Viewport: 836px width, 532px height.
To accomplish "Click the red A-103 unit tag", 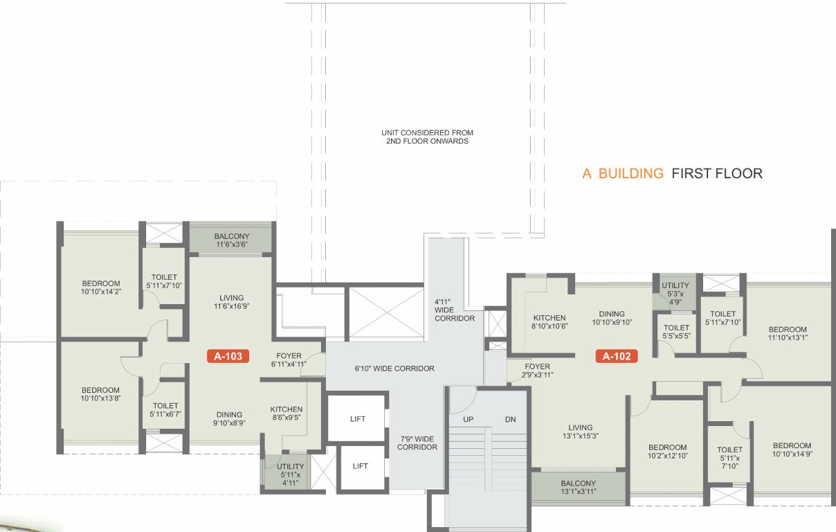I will pyautogui.click(x=228, y=357).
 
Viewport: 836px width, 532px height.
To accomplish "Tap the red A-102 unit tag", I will pyautogui.click(x=616, y=357).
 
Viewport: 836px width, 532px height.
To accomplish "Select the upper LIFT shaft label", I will pyautogui.click(x=358, y=418).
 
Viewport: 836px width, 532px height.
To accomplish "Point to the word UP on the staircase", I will pyautogui.click(x=469, y=420).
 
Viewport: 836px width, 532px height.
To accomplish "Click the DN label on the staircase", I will pyautogui.click(x=510, y=420).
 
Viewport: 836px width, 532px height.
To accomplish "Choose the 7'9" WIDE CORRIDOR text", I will pyautogui.click(x=417, y=443).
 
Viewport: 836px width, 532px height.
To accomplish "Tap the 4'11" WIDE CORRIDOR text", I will pyautogui.click(x=455, y=310).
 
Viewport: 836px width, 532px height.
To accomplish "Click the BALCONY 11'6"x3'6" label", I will pyautogui.click(x=231, y=240).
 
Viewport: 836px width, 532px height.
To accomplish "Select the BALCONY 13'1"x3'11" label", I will pyautogui.click(x=578, y=488).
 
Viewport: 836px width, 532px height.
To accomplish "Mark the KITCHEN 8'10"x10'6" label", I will pyautogui.click(x=549, y=322).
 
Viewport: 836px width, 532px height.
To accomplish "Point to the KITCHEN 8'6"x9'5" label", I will pyautogui.click(x=287, y=414).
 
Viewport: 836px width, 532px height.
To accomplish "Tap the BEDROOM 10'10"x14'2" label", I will pyautogui.click(x=101, y=287).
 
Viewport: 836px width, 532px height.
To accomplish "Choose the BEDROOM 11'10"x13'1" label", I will pyautogui.click(x=788, y=334).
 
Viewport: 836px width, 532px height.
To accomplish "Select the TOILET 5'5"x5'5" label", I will pyautogui.click(x=676, y=332).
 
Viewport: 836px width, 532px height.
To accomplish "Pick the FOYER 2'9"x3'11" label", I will pyautogui.click(x=537, y=371).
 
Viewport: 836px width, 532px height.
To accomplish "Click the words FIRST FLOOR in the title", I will pyautogui.click(x=717, y=173).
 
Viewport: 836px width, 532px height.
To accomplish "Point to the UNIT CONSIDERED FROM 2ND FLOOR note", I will pyautogui.click(x=427, y=136).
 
